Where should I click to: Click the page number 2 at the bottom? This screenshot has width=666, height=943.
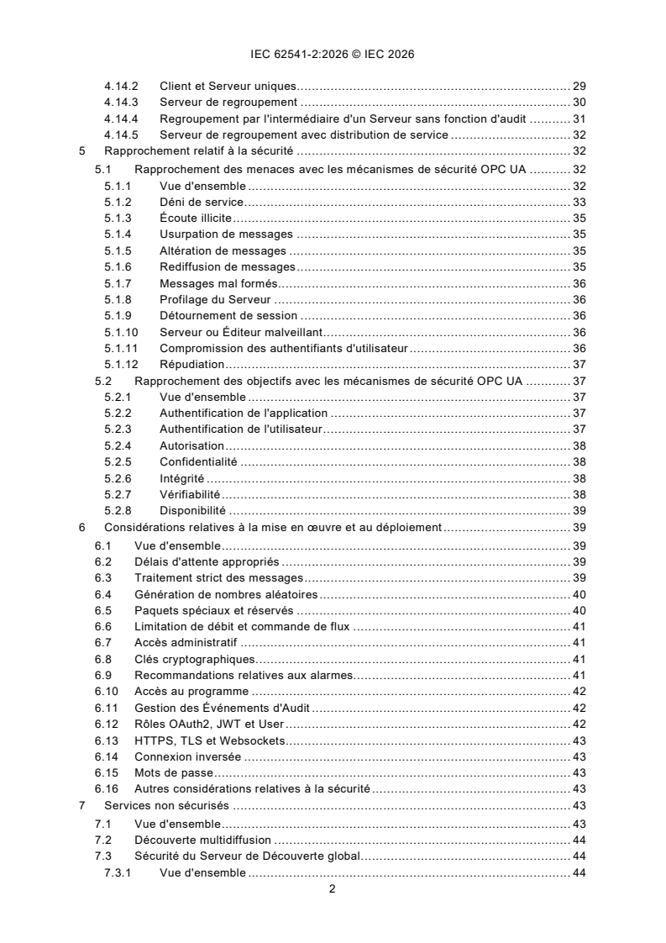point(333,890)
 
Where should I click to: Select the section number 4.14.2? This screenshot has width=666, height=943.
point(122,87)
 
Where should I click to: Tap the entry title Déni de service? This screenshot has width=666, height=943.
point(201,202)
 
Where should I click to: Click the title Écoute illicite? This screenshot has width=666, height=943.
point(196,218)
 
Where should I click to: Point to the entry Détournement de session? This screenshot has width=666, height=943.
point(228,316)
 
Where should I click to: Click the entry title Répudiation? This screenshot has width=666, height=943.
point(191,365)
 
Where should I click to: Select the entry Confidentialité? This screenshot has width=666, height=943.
point(198,462)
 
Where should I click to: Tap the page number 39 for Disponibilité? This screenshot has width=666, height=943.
point(579,511)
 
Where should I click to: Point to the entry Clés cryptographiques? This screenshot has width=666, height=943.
point(195,659)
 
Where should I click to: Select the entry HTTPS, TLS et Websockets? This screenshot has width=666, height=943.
point(210,740)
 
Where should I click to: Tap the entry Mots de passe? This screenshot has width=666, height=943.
point(176,773)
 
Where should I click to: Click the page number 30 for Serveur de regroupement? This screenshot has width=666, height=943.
point(579,103)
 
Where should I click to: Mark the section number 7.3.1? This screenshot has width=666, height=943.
point(118,872)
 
